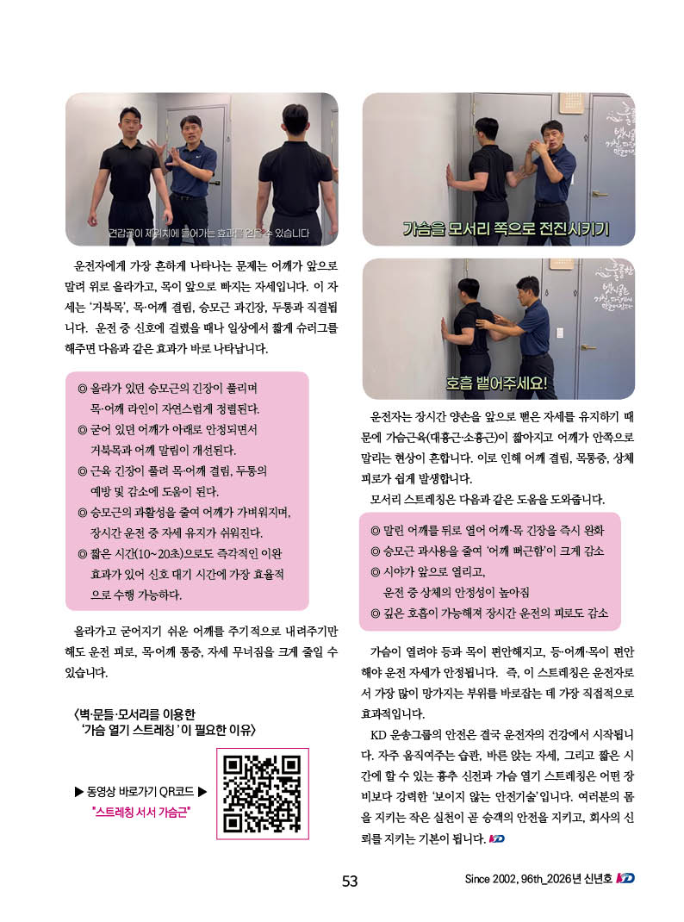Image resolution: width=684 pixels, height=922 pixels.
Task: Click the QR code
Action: click(262, 794)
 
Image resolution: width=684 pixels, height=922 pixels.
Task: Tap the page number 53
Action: click(350, 881)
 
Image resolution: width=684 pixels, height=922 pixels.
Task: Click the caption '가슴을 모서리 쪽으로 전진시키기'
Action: click(506, 228)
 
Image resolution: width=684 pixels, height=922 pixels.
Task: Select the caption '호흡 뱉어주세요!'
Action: click(496, 383)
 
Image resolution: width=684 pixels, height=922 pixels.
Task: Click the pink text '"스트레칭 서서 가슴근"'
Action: click(141, 812)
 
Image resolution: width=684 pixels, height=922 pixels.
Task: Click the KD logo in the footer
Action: click(625, 878)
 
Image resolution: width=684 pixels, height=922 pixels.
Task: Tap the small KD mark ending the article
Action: click(496, 838)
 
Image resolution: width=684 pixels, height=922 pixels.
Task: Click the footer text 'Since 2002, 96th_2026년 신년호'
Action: click(538, 879)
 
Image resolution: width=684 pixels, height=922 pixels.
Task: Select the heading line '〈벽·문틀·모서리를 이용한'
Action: click(134, 714)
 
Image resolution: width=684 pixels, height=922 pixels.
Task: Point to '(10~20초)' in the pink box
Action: click(159, 553)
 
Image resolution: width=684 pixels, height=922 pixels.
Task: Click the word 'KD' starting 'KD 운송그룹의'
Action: click(378, 735)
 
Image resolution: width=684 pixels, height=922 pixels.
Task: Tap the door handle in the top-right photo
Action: click(600, 194)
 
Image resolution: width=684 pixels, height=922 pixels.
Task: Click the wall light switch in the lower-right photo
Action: click(559, 333)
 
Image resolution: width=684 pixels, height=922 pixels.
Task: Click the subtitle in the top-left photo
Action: click(208, 234)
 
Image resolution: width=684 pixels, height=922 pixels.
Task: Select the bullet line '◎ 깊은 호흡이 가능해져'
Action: click(489, 614)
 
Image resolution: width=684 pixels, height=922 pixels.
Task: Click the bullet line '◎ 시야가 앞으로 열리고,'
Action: click(427, 571)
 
